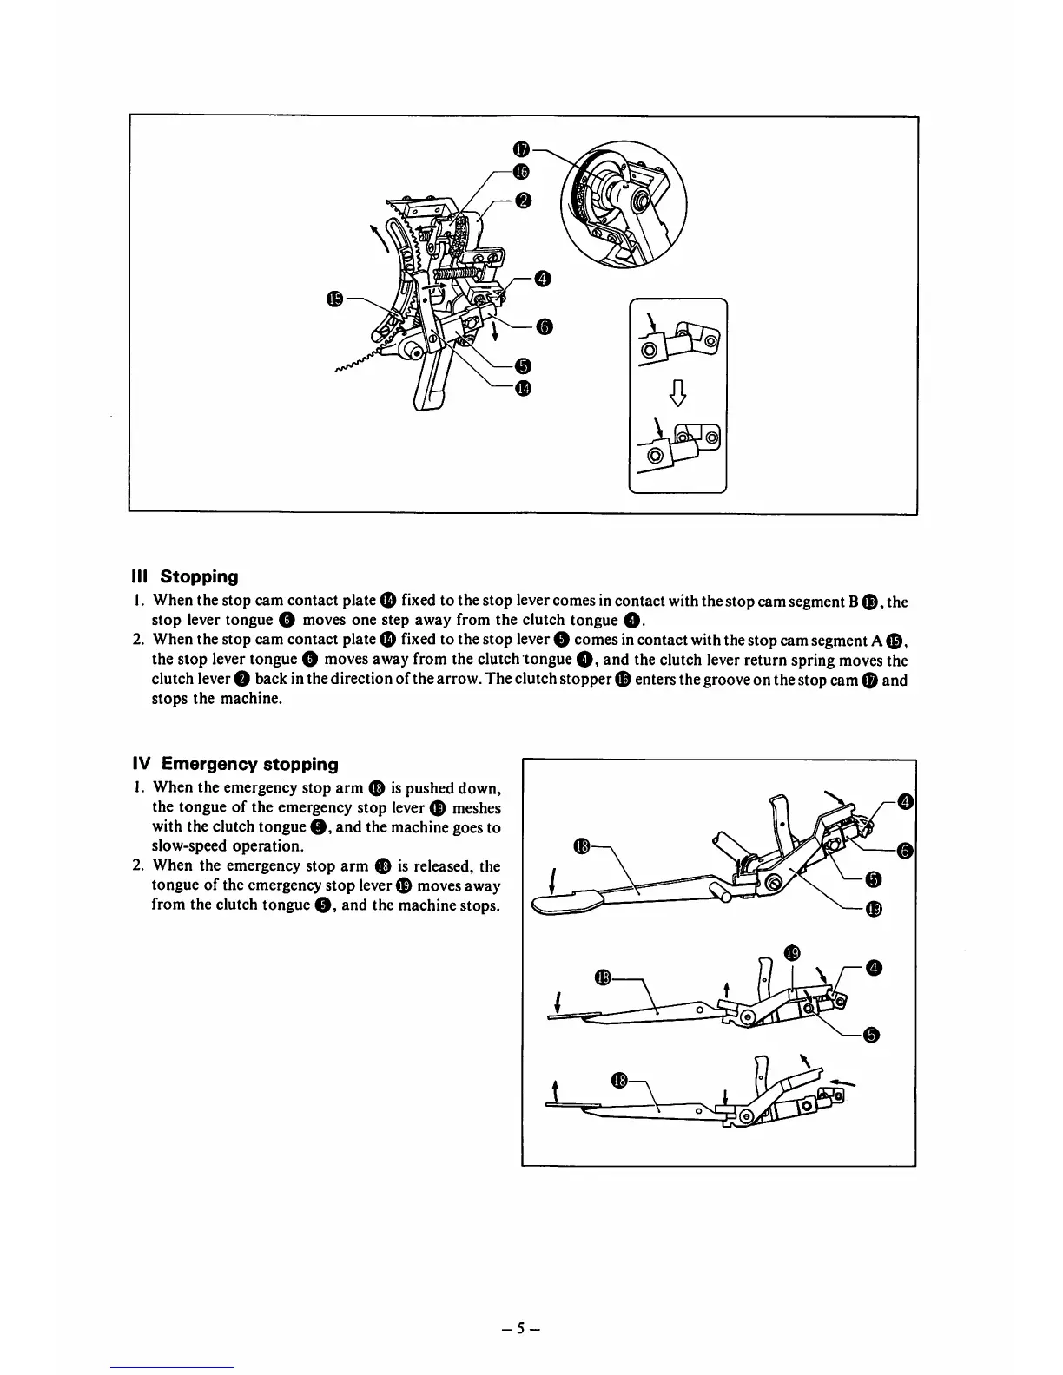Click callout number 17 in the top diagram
[x=521, y=150]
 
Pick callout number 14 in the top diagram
[x=522, y=388]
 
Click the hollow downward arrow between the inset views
[x=677, y=396]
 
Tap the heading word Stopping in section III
[x=199, y=576]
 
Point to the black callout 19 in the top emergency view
[x=874, y=909]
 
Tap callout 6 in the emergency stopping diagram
[x=904, y=851]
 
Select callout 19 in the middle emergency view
[x=791, y=951]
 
